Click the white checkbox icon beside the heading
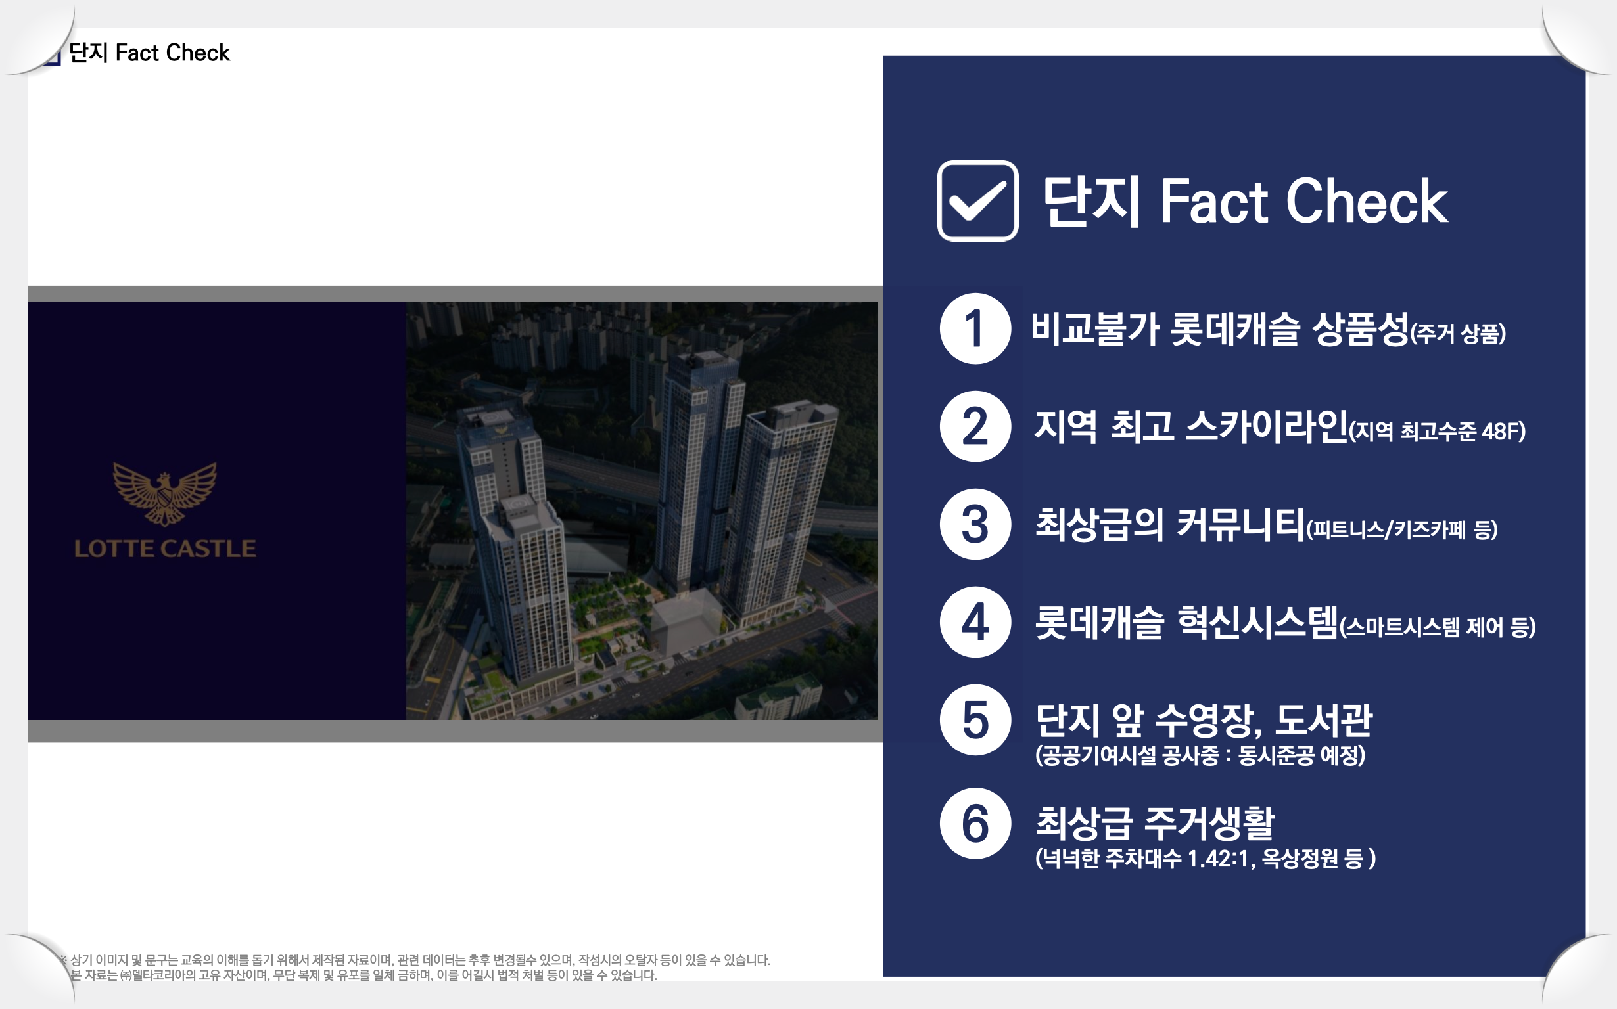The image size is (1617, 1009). pyautogui.click(x=977, y=201)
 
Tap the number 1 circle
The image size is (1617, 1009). pyautogui.click(x=975, y=328)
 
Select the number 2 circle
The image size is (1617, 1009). pyautogui.click(x=975, y=426)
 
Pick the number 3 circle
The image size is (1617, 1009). pyautogui.click(x=975, y=524)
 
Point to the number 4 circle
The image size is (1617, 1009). pyautogui.click(x=975, y=622)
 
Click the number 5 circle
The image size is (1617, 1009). pyautogui.click(x=975, y=720)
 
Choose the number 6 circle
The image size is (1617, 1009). pyautogui.click(x=975, y=824)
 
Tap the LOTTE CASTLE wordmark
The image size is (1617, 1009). pyautogui.click(x=165, y=549)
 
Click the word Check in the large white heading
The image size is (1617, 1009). pyautogui.click(x=1367, y=201)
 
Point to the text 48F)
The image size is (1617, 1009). pyautogui.click(x=1503, y=432)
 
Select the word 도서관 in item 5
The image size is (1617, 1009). pyautogui.click(x=1324, y=720)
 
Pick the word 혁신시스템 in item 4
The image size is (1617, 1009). pyautogui.click(x=1258, y=622)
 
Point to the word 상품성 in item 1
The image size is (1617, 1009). pyautogui.click(x=1361, y=329)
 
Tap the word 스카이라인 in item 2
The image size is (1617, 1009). pyautogui.click(x=1267, y=426)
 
